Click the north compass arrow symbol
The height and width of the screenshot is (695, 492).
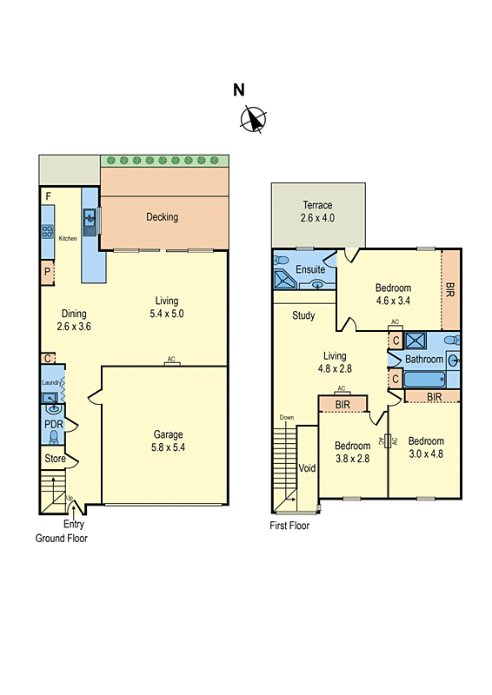(x=253, y=119)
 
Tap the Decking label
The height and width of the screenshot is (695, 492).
(x=163, y=217)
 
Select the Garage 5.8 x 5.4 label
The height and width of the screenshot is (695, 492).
(x=169, y=440)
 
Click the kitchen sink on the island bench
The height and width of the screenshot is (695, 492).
(x=90, y=217)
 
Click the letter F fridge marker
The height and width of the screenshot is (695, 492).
(x=49, y=197)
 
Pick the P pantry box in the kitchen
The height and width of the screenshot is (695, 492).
(x=47, y=273)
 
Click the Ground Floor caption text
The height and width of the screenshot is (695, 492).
(x=61, y=538)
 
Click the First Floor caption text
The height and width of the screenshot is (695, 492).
(x=289, y=526)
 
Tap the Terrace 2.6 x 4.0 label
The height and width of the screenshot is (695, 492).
(x=317, y=212)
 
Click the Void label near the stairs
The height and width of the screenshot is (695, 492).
(x=307, y=467)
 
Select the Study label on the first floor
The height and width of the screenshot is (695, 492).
(x=303, y=315)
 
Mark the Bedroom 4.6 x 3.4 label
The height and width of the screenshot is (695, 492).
(x=393, y=295)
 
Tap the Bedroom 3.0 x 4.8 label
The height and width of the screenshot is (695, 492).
(x=425, y=447)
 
